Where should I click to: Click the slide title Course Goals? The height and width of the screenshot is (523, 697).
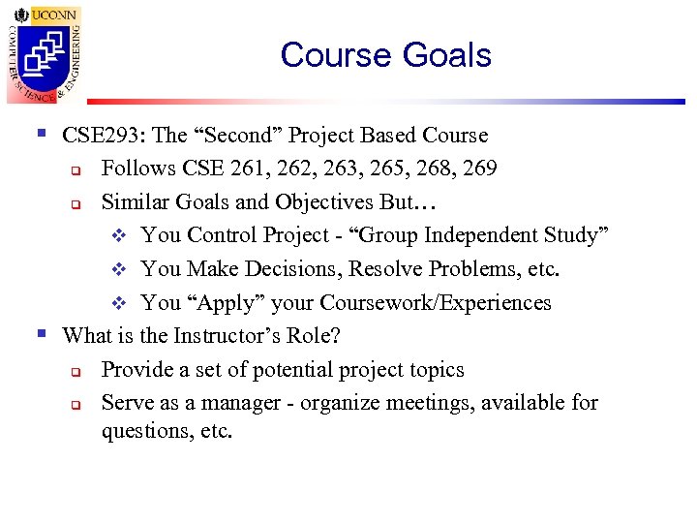(385, 55)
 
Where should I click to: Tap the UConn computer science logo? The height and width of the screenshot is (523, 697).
(45, 53)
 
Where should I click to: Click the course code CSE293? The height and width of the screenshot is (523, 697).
(92, 136)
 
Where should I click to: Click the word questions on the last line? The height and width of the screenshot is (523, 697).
(143, 431)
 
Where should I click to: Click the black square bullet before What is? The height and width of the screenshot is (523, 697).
(40, 334)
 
